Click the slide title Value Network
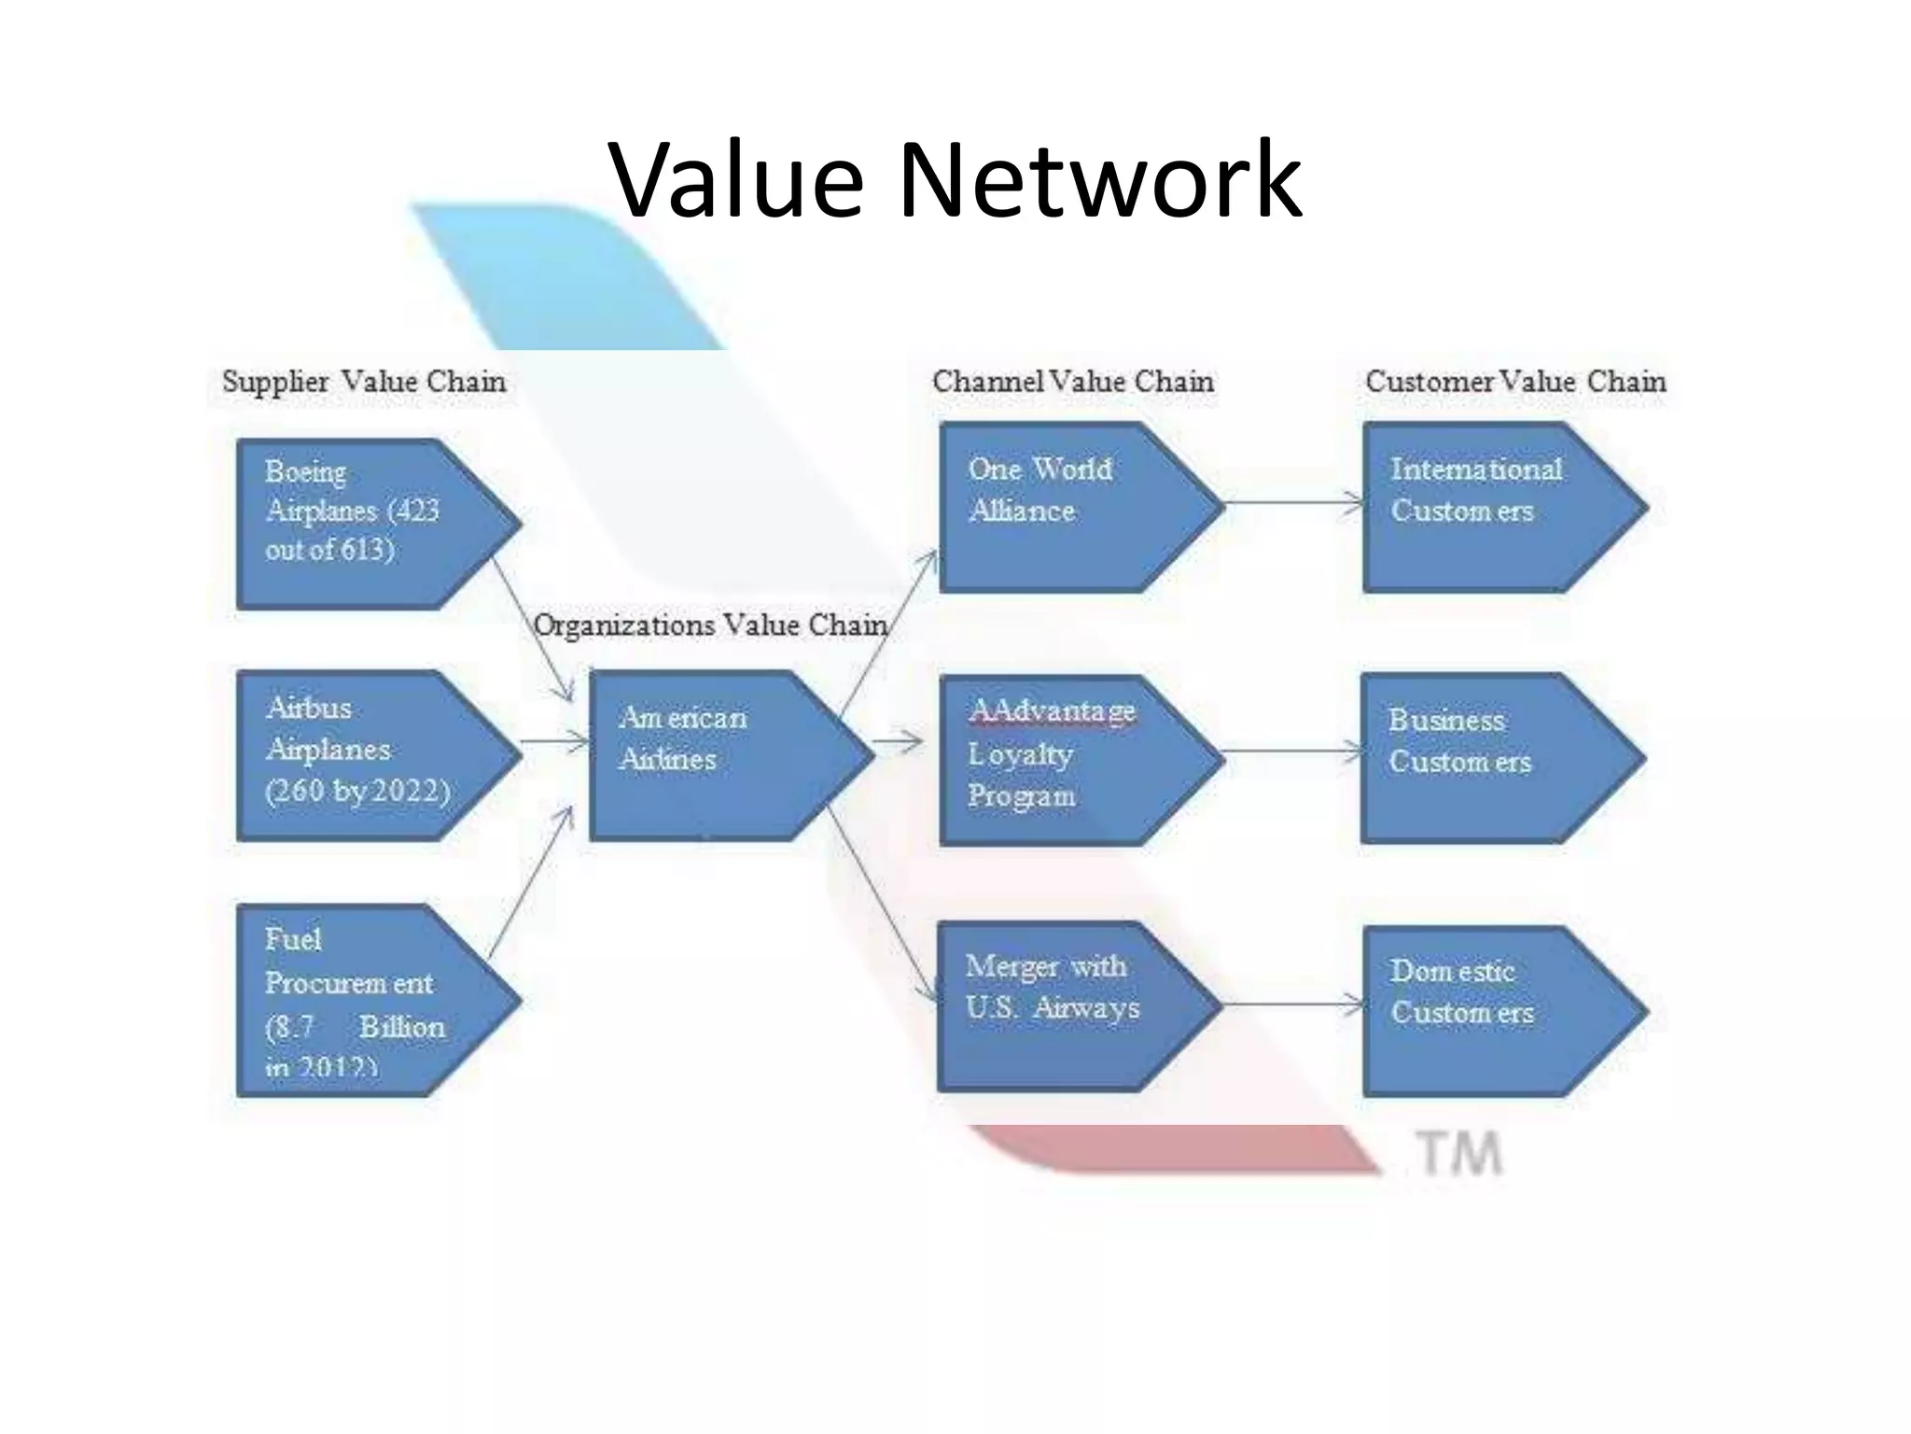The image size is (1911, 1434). (x=955, y=179)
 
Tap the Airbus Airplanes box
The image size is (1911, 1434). (x=364, y=754)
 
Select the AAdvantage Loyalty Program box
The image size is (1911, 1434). (x=1064, y=758)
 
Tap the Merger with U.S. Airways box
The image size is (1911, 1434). (x=1064, y=1006)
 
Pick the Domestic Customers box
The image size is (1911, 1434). (x=1488, y=1010)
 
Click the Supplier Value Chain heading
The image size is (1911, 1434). (x=364, y=382)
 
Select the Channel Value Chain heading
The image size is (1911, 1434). (x=1073, y=382)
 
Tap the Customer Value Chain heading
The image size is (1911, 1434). (x=1515, y=382)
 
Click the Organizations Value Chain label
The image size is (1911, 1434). (x=710, y=625)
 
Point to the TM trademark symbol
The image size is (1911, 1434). (x=1460, y=1154)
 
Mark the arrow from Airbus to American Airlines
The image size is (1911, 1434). (x=555, y=742)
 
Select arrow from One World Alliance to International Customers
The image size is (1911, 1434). (x=1294, y=505)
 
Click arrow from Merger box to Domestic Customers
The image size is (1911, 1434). (x=1294, y=1005)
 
